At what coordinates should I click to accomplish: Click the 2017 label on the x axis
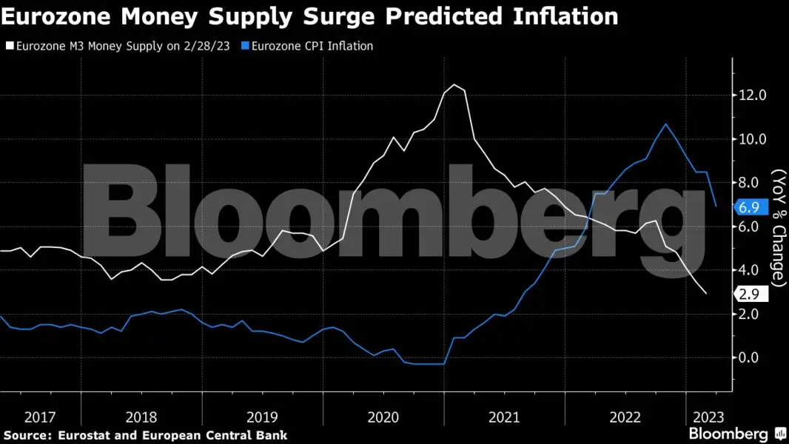tap(40, 417)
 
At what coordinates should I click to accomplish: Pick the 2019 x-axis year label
tap(262, 417)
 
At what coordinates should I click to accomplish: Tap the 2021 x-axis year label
tap(504, 417)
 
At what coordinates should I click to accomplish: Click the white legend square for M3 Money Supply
tap(10, 46)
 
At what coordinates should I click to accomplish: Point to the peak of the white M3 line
tap(454, 85)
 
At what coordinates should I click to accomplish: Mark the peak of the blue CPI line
tap(666, 124)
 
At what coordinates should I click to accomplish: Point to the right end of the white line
tap(706, 294)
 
